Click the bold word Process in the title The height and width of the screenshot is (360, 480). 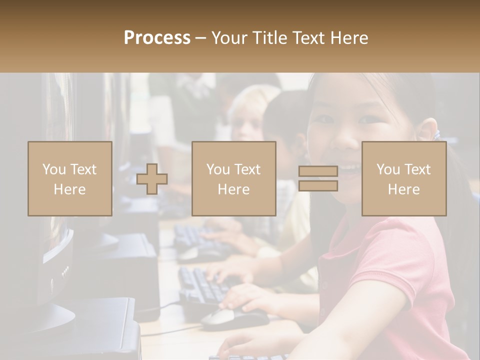tap(157, 38)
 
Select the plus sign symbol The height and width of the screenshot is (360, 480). tap(152, 179)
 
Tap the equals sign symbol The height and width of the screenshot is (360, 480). tap(318, 178)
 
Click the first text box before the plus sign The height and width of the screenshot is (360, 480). tap(70, 179)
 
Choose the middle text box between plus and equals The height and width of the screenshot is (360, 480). tap(233, 179)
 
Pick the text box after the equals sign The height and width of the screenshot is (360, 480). tap(404, 179)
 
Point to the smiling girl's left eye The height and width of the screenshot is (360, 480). tap(370, 119)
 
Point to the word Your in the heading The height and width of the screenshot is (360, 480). tap(230, 38)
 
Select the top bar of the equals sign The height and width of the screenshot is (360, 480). tap(318, 171)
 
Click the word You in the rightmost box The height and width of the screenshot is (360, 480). tap(387, 169)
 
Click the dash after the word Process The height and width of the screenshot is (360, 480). tap(201, 38)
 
